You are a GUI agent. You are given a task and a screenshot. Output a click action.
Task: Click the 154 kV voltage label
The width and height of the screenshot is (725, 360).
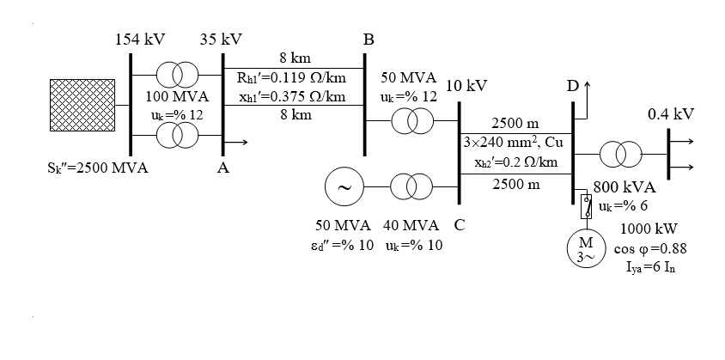140,40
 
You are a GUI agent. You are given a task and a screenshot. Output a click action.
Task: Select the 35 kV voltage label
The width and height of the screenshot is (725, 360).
221,40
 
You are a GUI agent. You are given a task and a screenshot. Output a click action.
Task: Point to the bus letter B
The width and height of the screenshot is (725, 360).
369,40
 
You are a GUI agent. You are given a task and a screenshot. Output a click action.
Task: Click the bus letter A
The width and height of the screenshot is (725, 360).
222,168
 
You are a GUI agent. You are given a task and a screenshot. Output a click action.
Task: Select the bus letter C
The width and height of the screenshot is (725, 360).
460,226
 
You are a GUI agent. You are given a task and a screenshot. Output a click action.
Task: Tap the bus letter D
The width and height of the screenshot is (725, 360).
572,87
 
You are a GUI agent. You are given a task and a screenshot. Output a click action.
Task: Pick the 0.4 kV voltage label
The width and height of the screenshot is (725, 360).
671,114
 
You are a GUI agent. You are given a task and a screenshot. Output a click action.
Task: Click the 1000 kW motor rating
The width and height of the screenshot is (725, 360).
649,229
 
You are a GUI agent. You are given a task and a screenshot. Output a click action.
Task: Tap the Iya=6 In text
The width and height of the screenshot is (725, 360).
650,265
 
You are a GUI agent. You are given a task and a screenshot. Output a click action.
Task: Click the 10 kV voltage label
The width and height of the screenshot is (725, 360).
467,87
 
